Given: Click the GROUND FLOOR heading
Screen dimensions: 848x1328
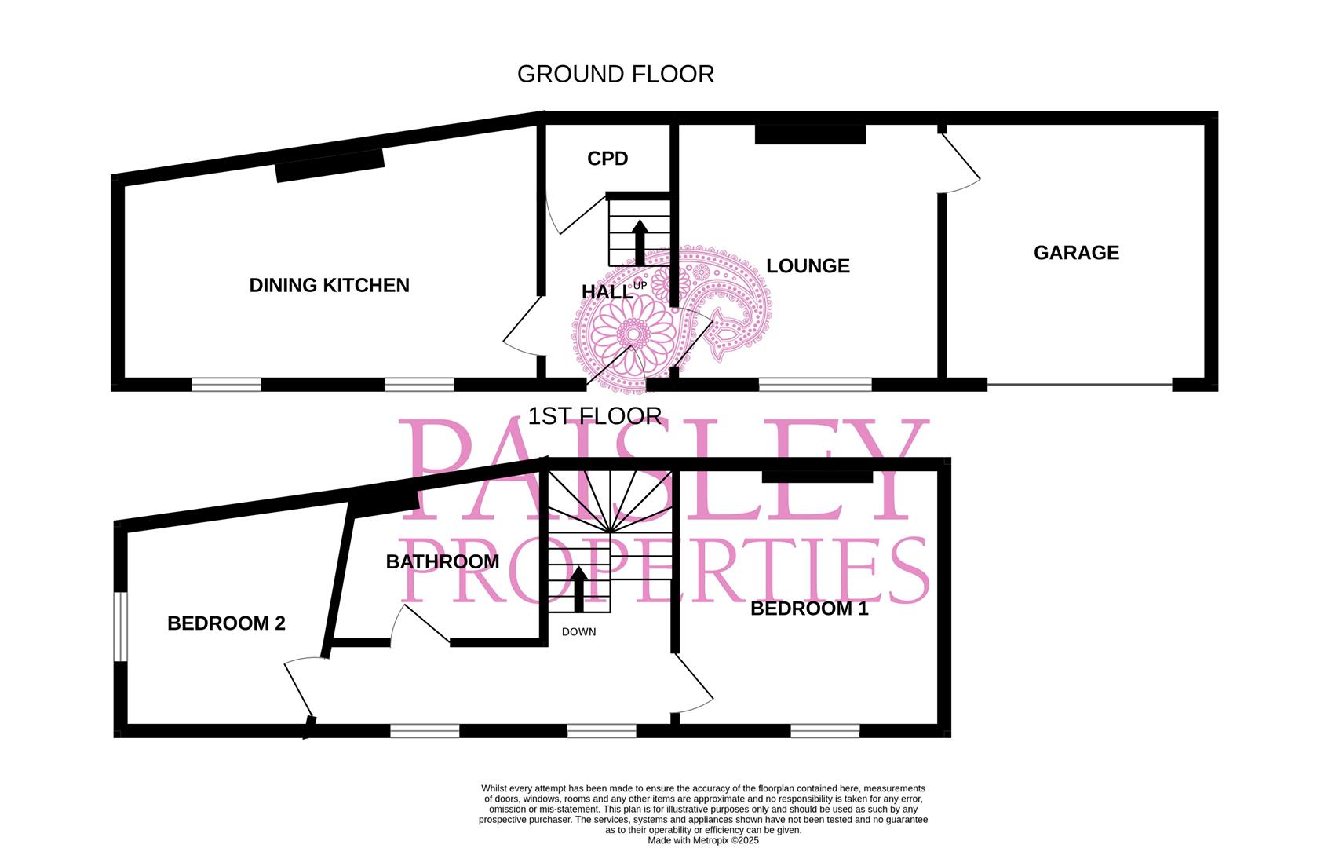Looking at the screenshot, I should (615, 74).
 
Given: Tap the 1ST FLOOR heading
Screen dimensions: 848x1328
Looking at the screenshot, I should (594, 415).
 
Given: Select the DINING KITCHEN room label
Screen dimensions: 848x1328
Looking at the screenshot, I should (329, 285).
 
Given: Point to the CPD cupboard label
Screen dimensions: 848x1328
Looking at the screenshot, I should (607, 159).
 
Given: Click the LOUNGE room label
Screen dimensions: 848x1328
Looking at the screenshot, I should (808, 266).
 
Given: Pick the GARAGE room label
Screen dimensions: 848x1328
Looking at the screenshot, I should (1076, 253).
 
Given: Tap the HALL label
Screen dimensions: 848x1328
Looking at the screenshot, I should (607, 292).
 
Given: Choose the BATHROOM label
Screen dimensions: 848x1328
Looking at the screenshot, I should (443, 562).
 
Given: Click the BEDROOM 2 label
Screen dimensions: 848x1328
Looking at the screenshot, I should (226, 623).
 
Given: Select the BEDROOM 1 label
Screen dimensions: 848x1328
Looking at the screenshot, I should (809, 609).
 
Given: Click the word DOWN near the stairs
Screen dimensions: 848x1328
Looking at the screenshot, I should (579, 632).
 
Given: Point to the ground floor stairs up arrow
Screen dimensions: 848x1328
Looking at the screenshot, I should (639, 242).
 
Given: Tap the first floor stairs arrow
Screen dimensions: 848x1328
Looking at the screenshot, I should (578, 589).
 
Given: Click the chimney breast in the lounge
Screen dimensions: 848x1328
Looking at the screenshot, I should (810, 134).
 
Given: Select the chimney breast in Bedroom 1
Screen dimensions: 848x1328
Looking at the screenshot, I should (817, 476).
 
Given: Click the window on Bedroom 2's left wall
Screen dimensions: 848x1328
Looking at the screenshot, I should (119, 626).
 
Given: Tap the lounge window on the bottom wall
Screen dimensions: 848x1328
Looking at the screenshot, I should (815, 384).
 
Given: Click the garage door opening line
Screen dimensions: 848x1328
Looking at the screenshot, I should (1079, 384).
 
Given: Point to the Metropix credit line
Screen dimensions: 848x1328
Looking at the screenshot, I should (702, 840).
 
